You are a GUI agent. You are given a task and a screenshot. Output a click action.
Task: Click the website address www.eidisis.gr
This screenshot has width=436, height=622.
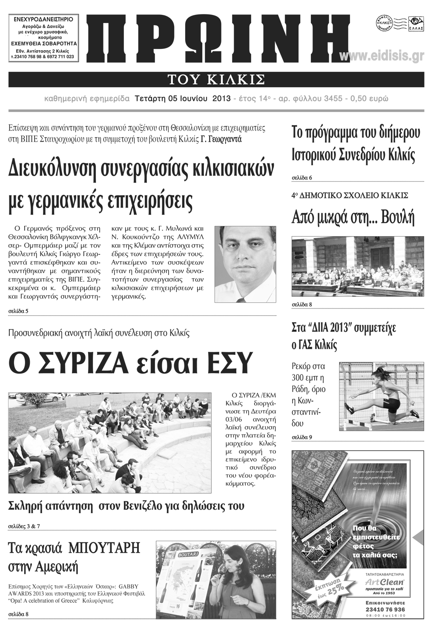pyautogui.click(x=381, y=56)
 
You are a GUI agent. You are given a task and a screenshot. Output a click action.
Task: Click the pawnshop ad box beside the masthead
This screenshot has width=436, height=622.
pyautogui.click(x=43, y=38)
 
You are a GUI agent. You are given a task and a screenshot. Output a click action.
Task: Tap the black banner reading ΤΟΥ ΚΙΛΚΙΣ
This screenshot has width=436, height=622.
pyautogui.click(x=216, y=80)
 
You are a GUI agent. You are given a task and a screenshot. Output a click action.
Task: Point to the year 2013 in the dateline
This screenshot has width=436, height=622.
pyautogui.click(x=221, y=99)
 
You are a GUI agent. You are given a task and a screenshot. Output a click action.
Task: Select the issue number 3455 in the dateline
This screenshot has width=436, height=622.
pyautogui.click(x=333, y=99)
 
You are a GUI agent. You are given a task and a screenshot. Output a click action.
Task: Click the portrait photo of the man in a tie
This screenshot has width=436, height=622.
pyautogui.click(x=245, y=264)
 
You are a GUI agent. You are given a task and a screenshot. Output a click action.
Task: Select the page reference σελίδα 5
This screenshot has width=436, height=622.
pyautogui.click(x=18, y=311)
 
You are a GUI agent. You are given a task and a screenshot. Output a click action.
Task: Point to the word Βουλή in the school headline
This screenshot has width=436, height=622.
pyautogui.click(x=398, y=217)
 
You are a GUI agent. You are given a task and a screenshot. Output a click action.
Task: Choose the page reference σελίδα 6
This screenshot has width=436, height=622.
pyautogui.click(x=302, y=177)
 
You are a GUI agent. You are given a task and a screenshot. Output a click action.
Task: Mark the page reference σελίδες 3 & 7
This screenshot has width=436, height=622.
pyautogui.click(x=24, y=526)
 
